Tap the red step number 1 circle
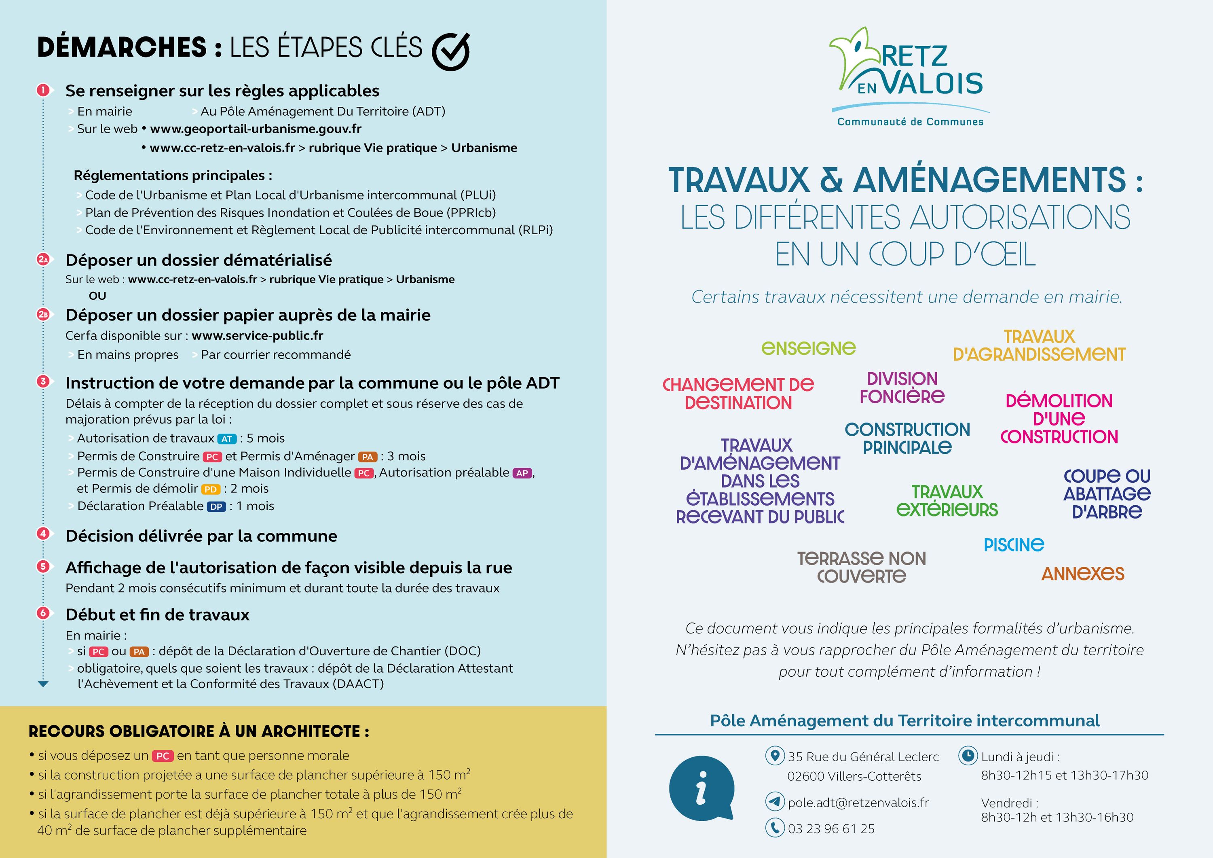[43, 90]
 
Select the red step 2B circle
[43, 315]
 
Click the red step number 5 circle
[43, 567]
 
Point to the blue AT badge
[227, 439]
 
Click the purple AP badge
[522, 473]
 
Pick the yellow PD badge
[210, 489]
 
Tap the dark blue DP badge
[216, 506]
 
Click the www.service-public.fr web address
[257, 336]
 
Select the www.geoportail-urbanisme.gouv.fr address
[256, 129]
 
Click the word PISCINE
[1014, 544]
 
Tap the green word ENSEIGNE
[808, 348]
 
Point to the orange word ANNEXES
[1082, 573]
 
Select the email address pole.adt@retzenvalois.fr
[858, 803]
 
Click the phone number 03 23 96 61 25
[831, 828]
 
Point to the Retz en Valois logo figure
[856, 58]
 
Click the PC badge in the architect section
[163, 756]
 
